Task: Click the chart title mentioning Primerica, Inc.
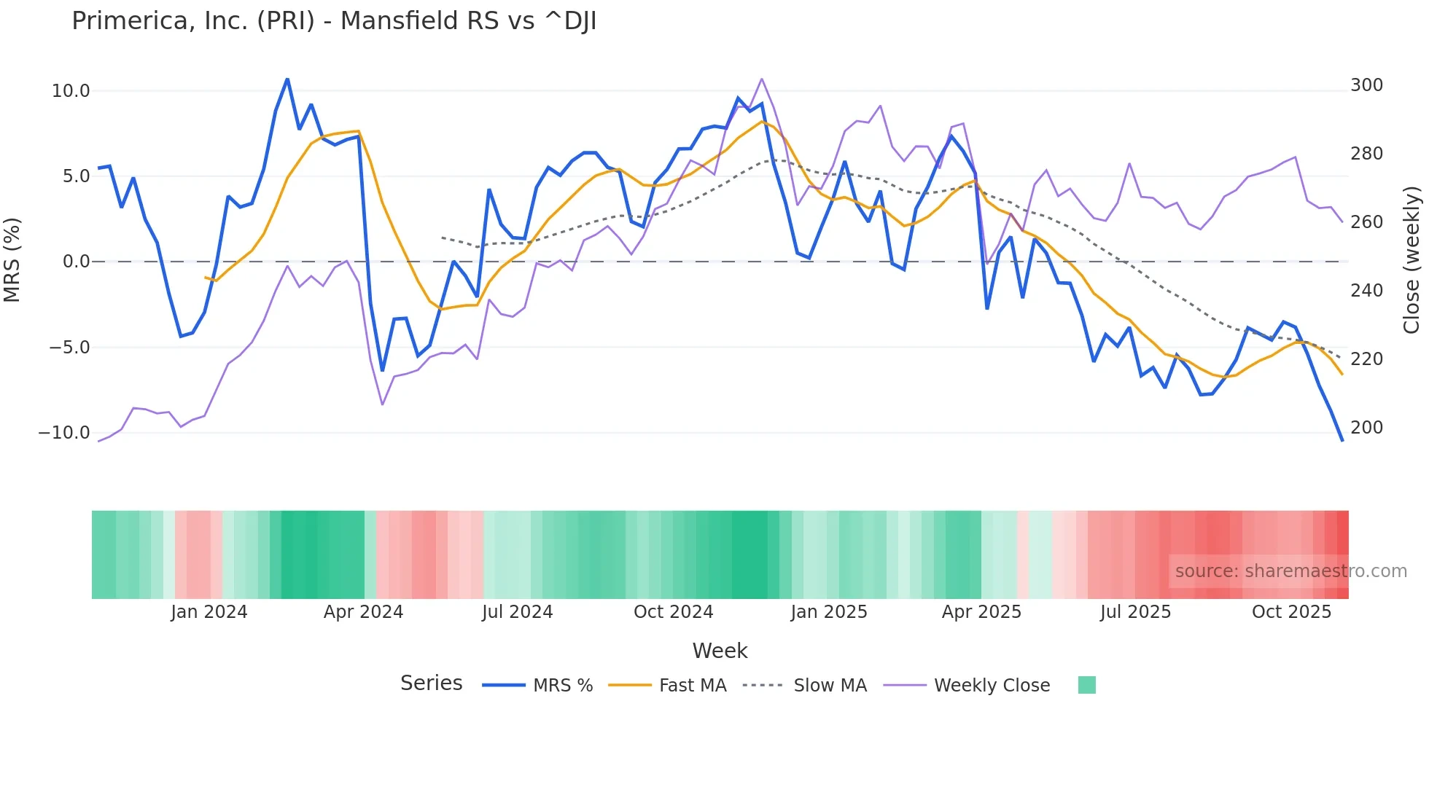(334, 21)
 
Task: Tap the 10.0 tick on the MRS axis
(71, 91)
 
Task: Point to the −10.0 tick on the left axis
(64, 433)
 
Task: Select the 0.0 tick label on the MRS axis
(76, 262)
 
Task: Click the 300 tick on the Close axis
(1366, 85)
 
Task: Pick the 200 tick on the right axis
(1366, 428)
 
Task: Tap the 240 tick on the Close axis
(1366, 291)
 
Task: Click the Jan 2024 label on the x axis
(209, 612)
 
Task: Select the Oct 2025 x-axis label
(1291, 612)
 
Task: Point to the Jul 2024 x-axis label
(518, 612)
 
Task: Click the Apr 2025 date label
(981, 612)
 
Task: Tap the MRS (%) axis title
(12, 260)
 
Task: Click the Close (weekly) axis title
(1412, 260)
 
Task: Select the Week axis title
(720, 651)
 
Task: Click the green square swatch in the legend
(1086, 685)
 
